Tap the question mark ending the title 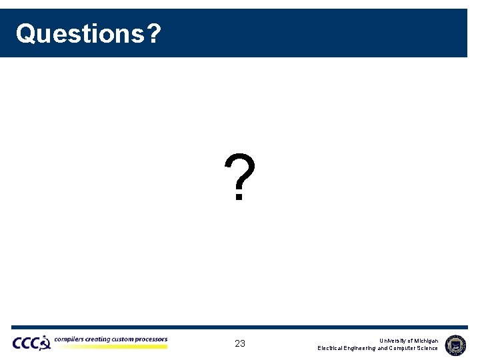click(153, 33)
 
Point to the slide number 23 click(240, 344)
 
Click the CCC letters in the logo click(26, 343)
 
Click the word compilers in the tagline click(69, 340)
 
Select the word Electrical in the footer click(331, 348)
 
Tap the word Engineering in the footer click(361, 348)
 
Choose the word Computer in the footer click(403, 348)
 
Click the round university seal click(455, 344)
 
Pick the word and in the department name click(383, 348)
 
